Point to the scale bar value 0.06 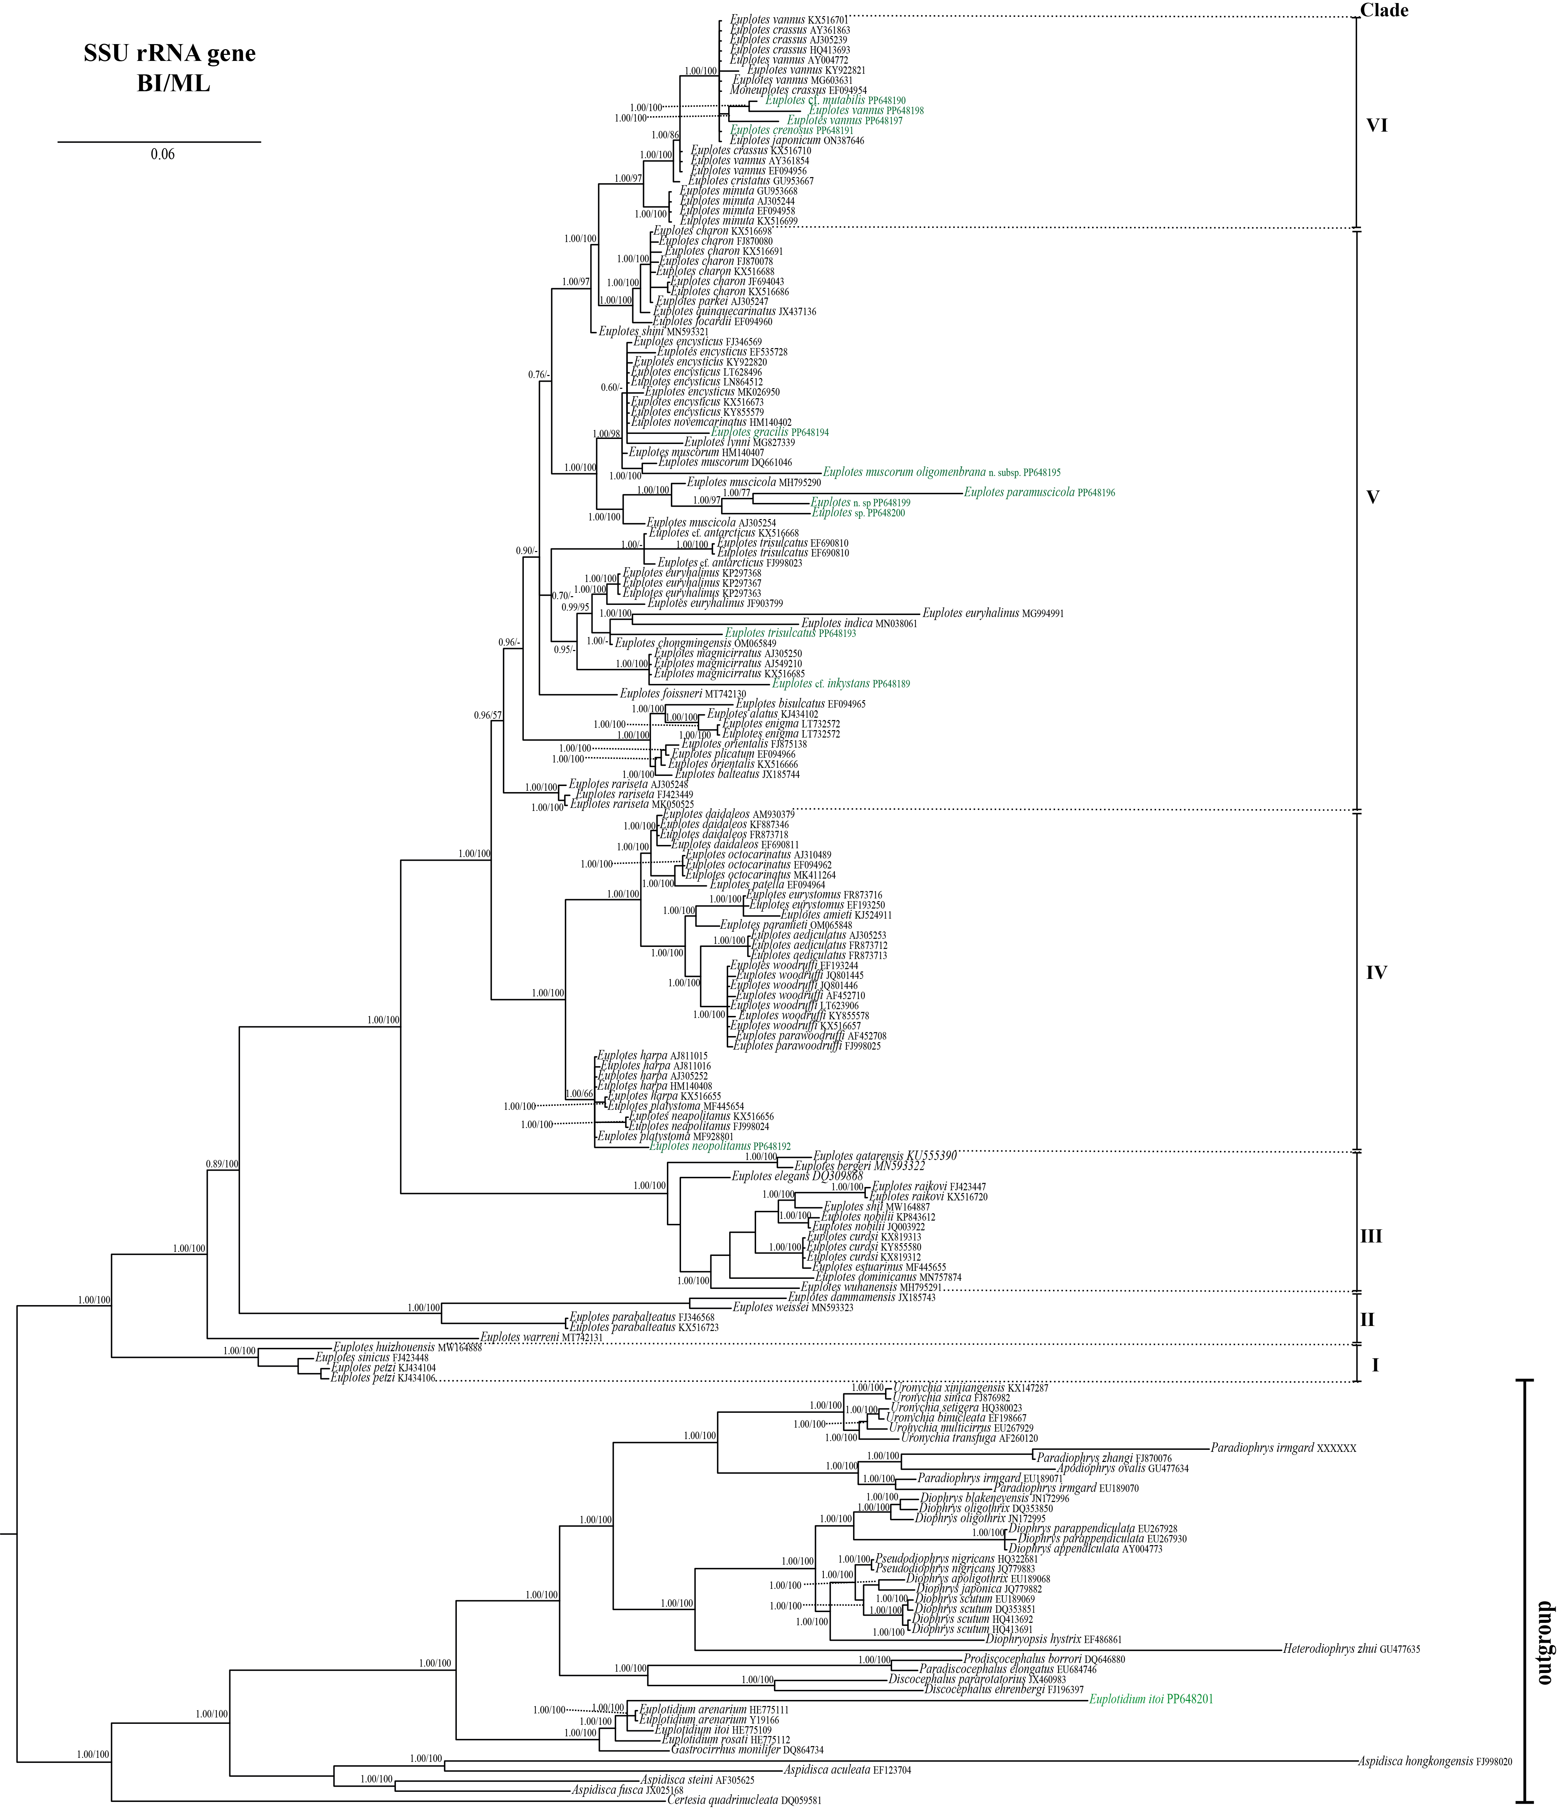[x=162, y=155]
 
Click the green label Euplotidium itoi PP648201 [x=1151, y=1724]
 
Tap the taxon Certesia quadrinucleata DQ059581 [x=744, y=1800]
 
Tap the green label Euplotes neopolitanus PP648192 [x=720, y=1147]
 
